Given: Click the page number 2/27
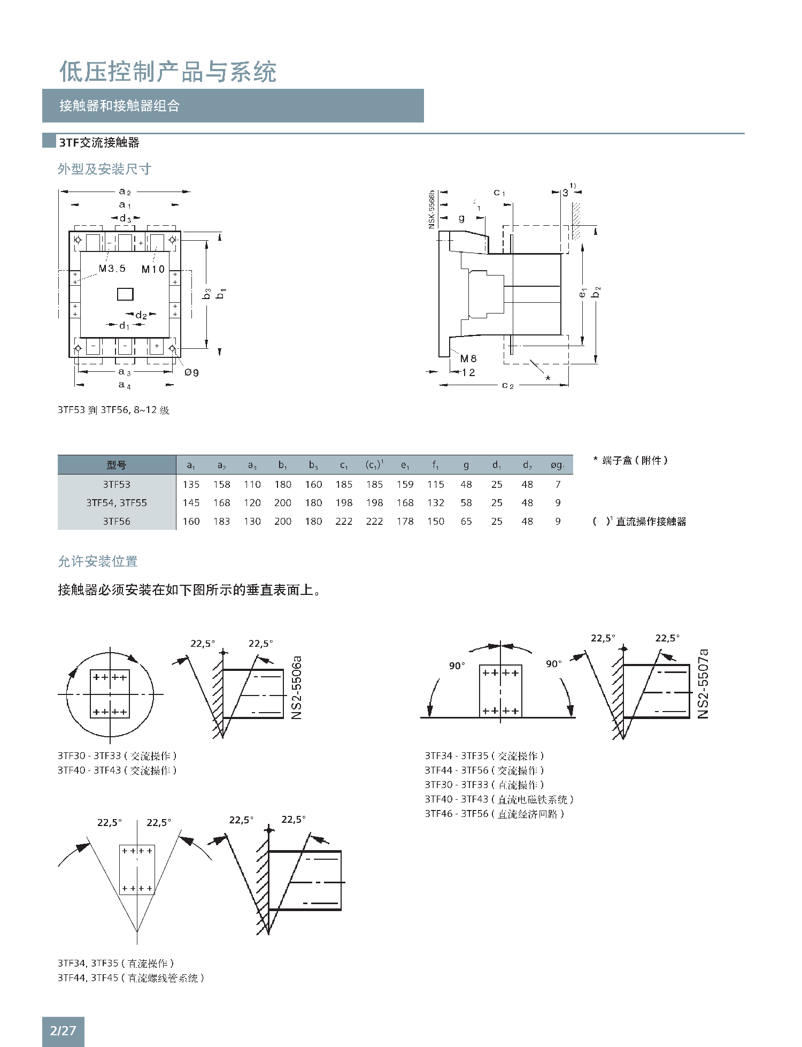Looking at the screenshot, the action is [x=63, y=1030].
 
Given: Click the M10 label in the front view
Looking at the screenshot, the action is [x=153, y=269].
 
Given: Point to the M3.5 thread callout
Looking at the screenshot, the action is [x=112, y=269].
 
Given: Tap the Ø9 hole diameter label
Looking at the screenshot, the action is [x=191, y=372].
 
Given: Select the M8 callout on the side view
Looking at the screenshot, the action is [x=468, y=358].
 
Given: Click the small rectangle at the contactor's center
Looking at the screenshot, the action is [x=125, y=294].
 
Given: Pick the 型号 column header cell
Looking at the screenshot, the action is [x=117, y=465].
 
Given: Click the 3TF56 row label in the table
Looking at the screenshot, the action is [x=117, y=521].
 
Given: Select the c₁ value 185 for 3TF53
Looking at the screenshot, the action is [x=344, y=484].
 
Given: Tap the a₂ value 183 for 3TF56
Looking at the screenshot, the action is [x=221, y=521].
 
